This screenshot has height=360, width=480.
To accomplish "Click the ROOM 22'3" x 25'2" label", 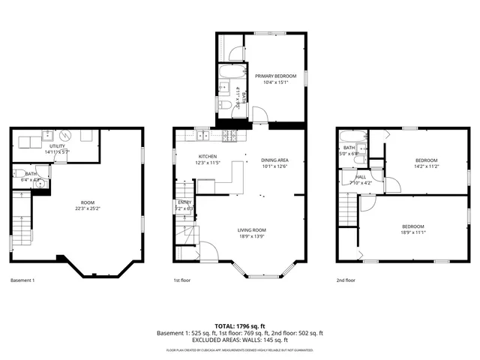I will [x=88, y=205].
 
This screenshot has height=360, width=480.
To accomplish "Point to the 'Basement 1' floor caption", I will [x=22, y=280].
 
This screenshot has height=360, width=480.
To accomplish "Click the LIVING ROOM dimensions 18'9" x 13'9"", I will [x=252, y=236].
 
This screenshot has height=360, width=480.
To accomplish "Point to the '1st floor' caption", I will [x=181, y=280].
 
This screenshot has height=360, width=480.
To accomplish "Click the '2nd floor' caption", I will [x=346, y=280].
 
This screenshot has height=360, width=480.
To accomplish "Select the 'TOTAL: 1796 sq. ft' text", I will [x=239, y=325].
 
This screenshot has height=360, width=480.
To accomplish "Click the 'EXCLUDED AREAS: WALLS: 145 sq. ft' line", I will [x=239, y=340].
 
